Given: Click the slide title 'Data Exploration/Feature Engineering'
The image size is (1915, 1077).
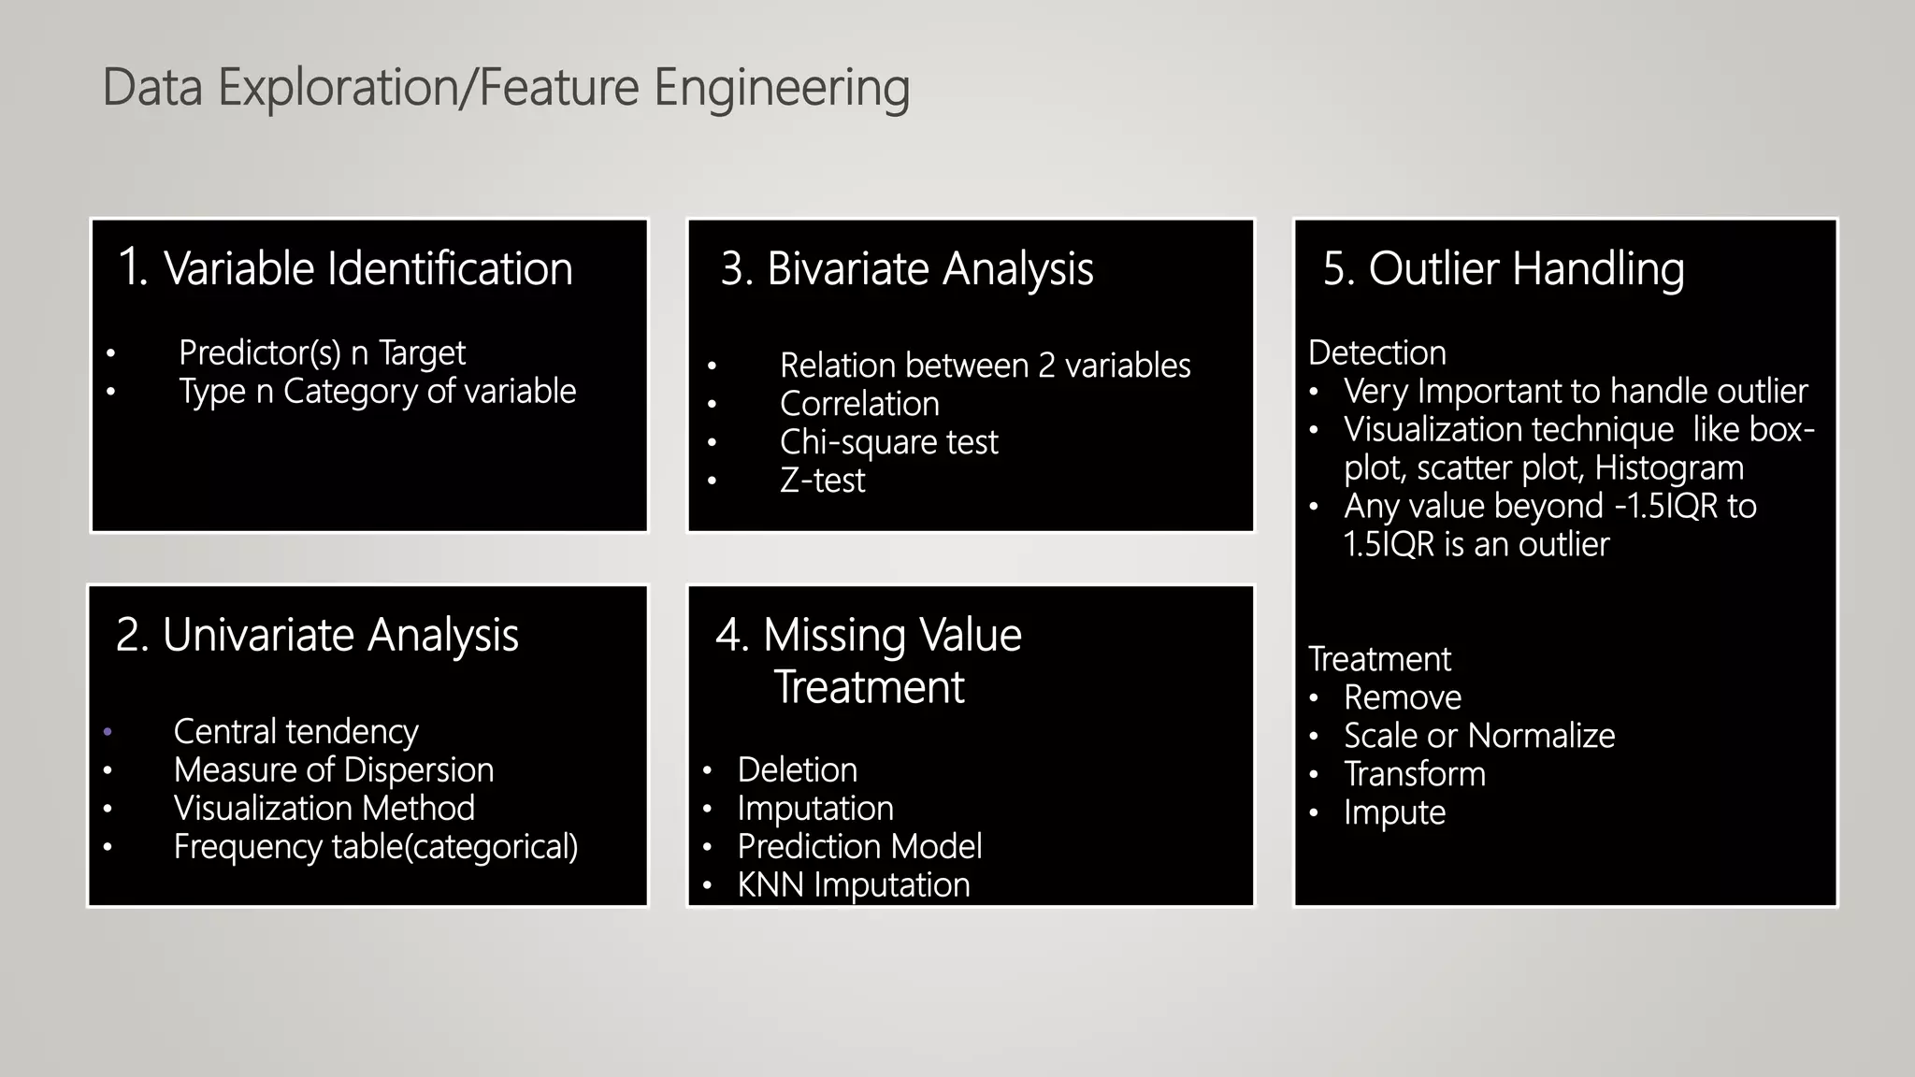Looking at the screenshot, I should (505, 88).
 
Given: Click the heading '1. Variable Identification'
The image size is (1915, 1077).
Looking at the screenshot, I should (345, 268).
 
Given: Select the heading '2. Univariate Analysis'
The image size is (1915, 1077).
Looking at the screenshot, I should (317, 635).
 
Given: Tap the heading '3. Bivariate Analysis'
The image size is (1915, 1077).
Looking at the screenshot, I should (906, 268).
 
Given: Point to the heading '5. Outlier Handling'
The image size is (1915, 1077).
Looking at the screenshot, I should (1503, 268).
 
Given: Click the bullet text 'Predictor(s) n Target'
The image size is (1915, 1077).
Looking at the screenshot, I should (322, 353).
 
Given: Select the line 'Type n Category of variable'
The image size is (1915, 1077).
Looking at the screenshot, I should (377, 392).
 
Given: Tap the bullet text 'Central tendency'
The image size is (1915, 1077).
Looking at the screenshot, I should (295, 732).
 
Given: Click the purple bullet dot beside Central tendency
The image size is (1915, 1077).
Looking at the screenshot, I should (108, 732).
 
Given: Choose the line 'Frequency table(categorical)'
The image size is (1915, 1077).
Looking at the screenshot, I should (375, 847).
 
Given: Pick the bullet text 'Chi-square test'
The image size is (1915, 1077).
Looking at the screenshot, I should (888, 442).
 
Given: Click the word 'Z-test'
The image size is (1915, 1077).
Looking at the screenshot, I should (822, 481).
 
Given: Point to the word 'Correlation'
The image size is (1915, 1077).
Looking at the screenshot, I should (859, 404).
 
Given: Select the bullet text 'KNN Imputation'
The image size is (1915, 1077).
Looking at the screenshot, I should (853, 885).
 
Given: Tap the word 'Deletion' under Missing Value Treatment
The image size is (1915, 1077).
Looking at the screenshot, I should (797, 770).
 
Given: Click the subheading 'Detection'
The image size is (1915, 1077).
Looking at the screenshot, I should (1376, 353).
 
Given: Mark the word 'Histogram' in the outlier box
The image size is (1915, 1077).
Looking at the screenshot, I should (1668, 468).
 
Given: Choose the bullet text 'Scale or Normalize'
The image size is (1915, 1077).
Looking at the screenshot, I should (1478, 737).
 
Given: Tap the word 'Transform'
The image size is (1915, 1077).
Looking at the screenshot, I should (1414, 775).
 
